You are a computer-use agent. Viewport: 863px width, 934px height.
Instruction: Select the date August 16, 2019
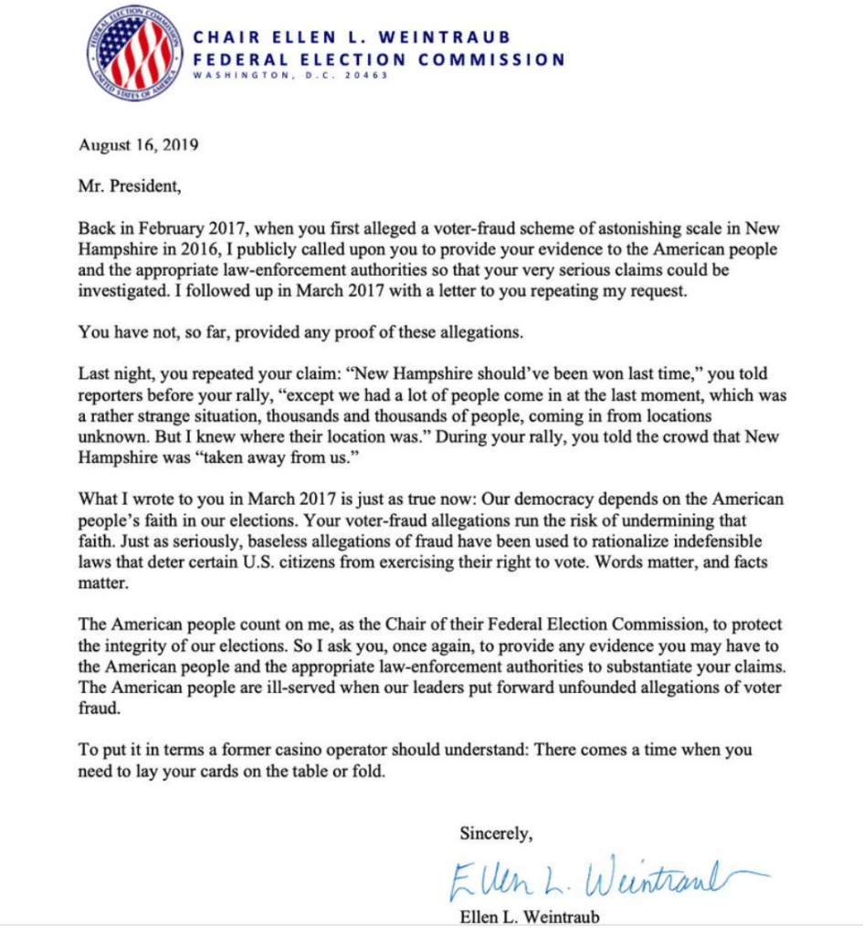click(x=139, y=144)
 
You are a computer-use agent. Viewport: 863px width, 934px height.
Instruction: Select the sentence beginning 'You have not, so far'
click(x=300, y=332)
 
